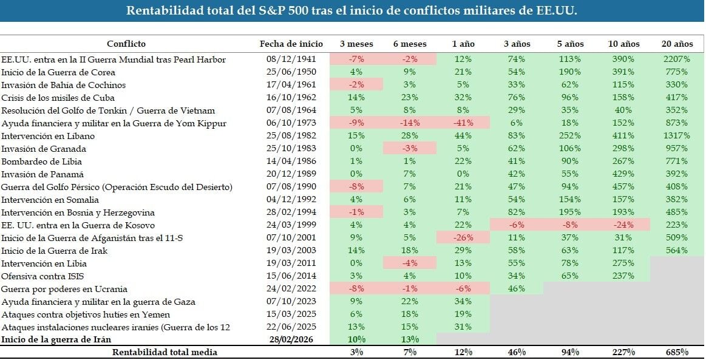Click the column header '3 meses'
coord(356,44)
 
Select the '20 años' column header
coord(677,44)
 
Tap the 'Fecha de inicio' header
coord(291,44)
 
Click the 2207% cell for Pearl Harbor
coord(676,59)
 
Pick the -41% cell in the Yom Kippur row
coord(463,123)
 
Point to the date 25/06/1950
coord(291,72)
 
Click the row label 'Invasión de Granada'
coord(44,149)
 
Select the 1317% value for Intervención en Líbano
coord(676,135)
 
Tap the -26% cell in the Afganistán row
coord(463,237)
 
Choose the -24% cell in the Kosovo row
coord(623,225)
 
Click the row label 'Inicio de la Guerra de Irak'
coord(55,251)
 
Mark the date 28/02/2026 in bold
coord(291,339)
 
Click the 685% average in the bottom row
coord(677,352)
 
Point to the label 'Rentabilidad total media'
coord(165,352)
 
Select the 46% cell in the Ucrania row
coord(517,288)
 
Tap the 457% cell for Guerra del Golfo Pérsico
coord(623,187)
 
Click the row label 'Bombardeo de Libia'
coord(41,161)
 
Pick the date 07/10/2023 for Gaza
coord(291,302)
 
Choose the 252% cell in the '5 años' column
coord(570,135)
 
